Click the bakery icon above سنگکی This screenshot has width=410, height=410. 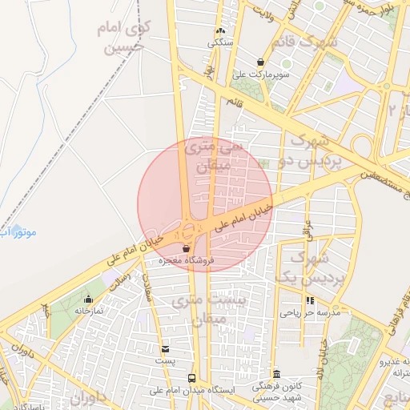[x=219, y=31]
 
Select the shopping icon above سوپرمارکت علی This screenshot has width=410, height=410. [x=261, y=62]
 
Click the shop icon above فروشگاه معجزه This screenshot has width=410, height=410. [x=187, y=248]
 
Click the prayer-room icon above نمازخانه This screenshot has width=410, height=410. [x=88, y=299]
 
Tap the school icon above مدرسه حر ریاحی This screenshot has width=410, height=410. [x=310, y=301]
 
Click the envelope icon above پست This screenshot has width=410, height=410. [x=165, y=349]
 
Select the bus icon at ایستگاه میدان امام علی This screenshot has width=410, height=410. [x=191, y=378]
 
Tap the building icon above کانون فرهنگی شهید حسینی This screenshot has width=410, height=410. [x=277, y=374]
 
